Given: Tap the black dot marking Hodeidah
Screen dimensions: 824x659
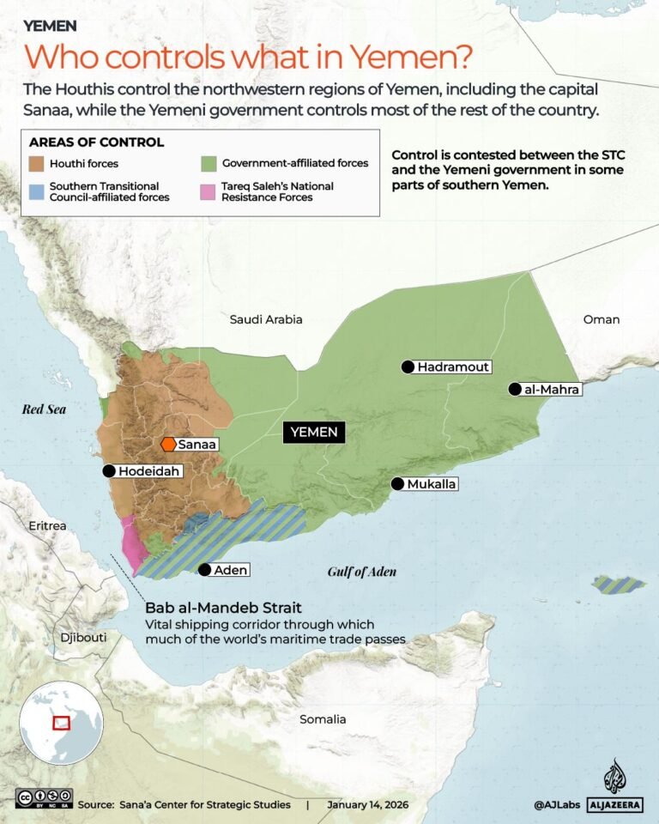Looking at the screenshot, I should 109,470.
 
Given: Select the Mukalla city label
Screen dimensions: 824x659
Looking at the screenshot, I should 432,484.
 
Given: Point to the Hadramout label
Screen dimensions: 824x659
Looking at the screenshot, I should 453,367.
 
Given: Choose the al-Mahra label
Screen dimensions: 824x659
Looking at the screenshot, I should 552,390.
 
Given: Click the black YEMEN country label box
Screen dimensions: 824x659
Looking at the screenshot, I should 314,432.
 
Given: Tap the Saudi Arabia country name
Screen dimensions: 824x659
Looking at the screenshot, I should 266,319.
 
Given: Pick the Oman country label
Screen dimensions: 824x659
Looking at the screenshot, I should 601,319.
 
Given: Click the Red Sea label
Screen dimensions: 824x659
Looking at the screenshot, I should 44,409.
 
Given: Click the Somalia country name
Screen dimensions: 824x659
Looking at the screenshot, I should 323,719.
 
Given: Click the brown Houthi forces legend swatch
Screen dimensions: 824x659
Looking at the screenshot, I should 37,163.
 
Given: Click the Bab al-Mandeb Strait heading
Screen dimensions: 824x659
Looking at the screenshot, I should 223,608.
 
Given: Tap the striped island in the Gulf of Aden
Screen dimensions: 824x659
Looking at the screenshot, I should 619,585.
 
